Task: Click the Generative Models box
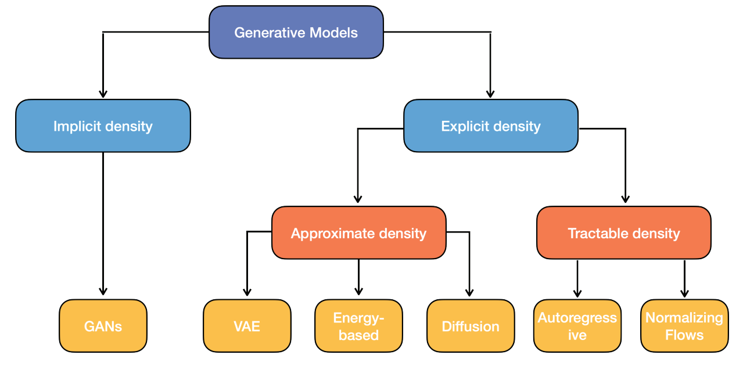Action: tap(296, 32)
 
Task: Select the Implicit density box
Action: tap(103, 126)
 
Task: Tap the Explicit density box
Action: tap(491, 126)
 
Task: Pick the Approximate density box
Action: tap(358, 232)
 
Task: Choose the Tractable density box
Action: tap(624, 232)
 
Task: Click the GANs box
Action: tap(103, 326)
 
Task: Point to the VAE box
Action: tap(247, 326)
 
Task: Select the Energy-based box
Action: tap(358, 326)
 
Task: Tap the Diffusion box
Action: tap(471, 326)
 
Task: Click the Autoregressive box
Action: tap(577, 326)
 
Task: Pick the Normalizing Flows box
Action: tap(685, 326)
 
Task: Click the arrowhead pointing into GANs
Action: tap(103, 291)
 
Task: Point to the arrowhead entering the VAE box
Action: tap(247, 292)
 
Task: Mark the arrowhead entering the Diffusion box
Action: tap(469, 292)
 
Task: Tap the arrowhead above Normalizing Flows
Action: tap(685, 293)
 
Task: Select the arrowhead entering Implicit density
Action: tap(103, 94)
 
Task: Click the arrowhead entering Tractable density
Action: tap(626, 198)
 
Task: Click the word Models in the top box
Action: tap(333, 33)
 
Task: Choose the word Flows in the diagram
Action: tap(685, 335)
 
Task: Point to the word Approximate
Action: tap(333, 234)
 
